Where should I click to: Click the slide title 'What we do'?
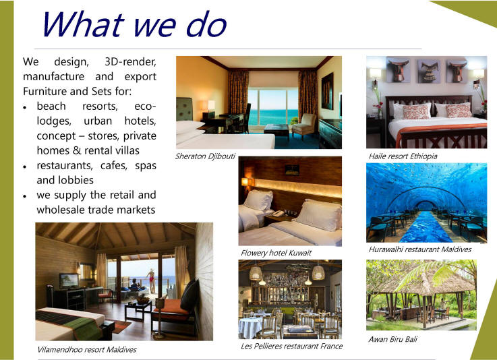[x=132, y=24]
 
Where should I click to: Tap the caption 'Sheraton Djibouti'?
[x=205, y=156]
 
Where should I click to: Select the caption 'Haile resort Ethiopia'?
[x=403, y=156]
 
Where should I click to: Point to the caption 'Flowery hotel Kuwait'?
[x=276, y=253]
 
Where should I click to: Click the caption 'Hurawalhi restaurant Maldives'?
[x=419, y=249]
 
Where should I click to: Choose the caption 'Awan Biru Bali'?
[x=393, y=339]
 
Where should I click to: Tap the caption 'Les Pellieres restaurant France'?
[x=291, y=346]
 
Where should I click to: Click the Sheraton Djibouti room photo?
[x=258, y=102]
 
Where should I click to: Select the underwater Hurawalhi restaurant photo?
[x=426, y=202]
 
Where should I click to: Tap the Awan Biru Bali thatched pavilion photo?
[x=421, y=295]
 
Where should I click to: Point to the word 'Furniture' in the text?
[x=45, y=91]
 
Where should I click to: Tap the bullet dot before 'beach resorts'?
[x=25, y=107]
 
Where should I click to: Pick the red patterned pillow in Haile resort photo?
[x=416, y=111]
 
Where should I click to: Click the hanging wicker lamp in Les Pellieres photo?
[x=256, y=273]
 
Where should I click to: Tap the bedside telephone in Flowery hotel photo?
[x=277, y=214]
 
